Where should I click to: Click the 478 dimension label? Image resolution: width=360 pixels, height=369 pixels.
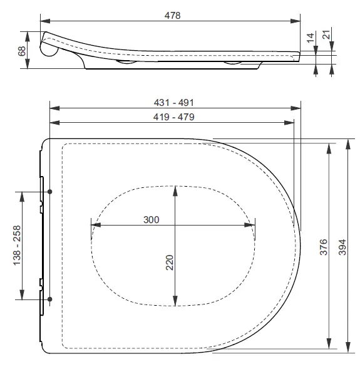pyautogui.click(x=172, y=16)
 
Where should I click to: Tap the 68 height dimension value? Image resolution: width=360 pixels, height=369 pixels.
pyautogui.click(x=22, y=51)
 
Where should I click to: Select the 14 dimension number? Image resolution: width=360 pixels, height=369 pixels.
pyautogui.click(x=311, y=38)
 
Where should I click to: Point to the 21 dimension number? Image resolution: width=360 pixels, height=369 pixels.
pyautogui.click(x=327, y=34)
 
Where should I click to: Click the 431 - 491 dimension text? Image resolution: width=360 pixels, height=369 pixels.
pyautogui.click(x=174, y=103)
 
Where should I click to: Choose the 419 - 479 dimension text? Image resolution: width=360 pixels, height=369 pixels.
pyautogui.click(x=174, y=117)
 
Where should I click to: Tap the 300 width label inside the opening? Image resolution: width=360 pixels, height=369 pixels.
pyautogui.click(x=151, y=220)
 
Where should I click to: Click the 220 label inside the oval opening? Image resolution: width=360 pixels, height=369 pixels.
pyautogui.click(x=170, y=262)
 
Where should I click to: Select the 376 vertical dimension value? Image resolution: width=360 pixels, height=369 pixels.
pyautogui.click(x=324, y=247)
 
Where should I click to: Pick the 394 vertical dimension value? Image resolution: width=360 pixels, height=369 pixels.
pyautogui.click(x=342, y=247)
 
